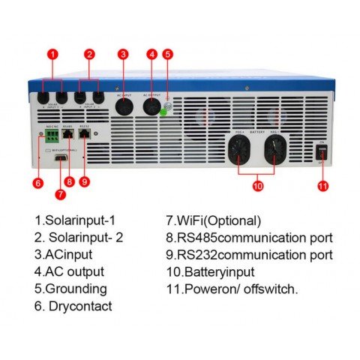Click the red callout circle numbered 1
pos(52,54)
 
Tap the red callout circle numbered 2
pos(90,54)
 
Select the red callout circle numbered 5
pos(168,54)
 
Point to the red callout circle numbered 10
pos(258,185)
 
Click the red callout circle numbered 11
pos(323,185)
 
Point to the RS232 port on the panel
pos(83,138)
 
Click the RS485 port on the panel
pos(67,138)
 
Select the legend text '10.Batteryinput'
pos(210,271)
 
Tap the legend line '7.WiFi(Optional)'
pos(213,221)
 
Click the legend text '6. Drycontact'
pos(73,305)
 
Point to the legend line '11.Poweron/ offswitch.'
pos(231,288)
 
